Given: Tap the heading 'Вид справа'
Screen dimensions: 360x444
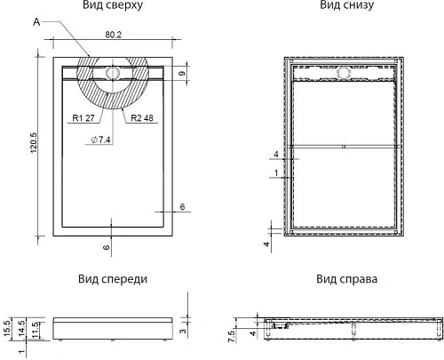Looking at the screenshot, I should [x=345, y=278].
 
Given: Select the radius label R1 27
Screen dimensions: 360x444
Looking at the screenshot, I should [x=83, y=116].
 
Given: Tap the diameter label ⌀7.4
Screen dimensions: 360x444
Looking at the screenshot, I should [x=101, y=140].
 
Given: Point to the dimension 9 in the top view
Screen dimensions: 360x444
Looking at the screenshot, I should [x=181, y=75].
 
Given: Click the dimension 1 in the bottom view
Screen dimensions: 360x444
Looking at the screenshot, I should [x=276, y=172].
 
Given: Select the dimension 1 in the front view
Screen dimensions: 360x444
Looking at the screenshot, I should [x=21, y=353].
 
